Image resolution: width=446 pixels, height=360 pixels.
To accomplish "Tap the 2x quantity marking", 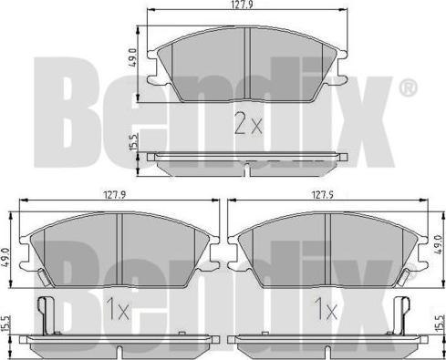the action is point(248,123).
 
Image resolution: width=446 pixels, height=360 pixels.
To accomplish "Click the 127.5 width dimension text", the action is point(322,195).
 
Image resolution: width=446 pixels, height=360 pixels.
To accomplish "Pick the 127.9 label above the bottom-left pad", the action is point(115,195).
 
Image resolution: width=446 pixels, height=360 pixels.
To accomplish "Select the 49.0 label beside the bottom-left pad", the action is point(6,257).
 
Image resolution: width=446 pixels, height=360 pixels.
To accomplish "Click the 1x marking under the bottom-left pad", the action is point(118,309).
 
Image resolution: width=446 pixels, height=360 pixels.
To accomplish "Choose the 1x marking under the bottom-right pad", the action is point(326,309).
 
